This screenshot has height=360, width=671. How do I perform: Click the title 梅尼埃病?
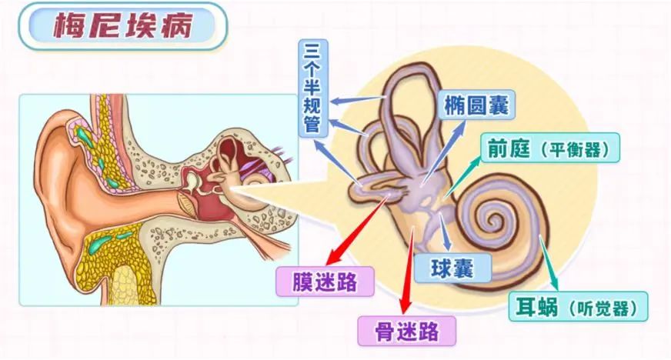(123, 25)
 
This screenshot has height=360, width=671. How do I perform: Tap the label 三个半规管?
(313, 88)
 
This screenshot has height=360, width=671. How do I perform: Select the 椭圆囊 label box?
(476, 105)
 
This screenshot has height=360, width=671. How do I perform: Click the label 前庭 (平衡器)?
(550, 148)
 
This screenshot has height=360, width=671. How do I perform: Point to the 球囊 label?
(452, 268)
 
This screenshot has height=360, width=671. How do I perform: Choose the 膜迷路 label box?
(325, 282)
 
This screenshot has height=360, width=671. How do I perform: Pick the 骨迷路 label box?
(406, 331)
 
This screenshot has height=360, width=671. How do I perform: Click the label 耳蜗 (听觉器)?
(578, 306)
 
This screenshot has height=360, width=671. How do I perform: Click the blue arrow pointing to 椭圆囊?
(444, 152)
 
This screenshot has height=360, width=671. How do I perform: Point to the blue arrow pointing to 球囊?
(444, 232)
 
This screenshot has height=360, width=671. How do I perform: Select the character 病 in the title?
(177, 25)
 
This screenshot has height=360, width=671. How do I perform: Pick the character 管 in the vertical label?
(313, 124)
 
